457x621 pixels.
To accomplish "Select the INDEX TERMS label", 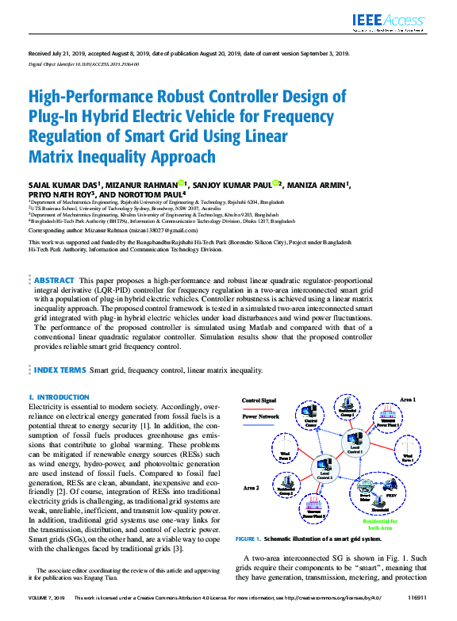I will tap(60, 370).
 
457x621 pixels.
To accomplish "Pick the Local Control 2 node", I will tap(325, 473).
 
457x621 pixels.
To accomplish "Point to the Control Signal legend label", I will tap(259, 401).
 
